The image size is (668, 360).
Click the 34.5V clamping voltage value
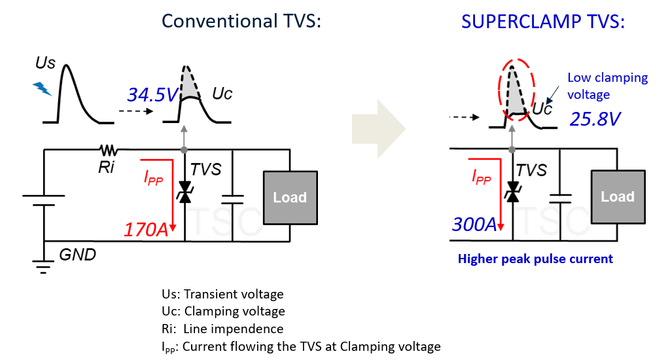[152, 96]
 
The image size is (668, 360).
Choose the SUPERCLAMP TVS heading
[543, 21]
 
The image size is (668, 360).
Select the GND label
[77, 255]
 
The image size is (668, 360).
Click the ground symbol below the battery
[44, 264]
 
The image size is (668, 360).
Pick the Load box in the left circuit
[290, 197]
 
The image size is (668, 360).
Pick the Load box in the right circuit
[617, 196]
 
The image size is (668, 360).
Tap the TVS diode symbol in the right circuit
[512, 192]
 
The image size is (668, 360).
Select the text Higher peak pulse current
[535, 259]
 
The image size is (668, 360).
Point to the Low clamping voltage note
[607, 86]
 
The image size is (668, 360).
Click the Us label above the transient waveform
[46, 63]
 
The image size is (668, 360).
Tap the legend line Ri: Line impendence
[222, 329]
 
